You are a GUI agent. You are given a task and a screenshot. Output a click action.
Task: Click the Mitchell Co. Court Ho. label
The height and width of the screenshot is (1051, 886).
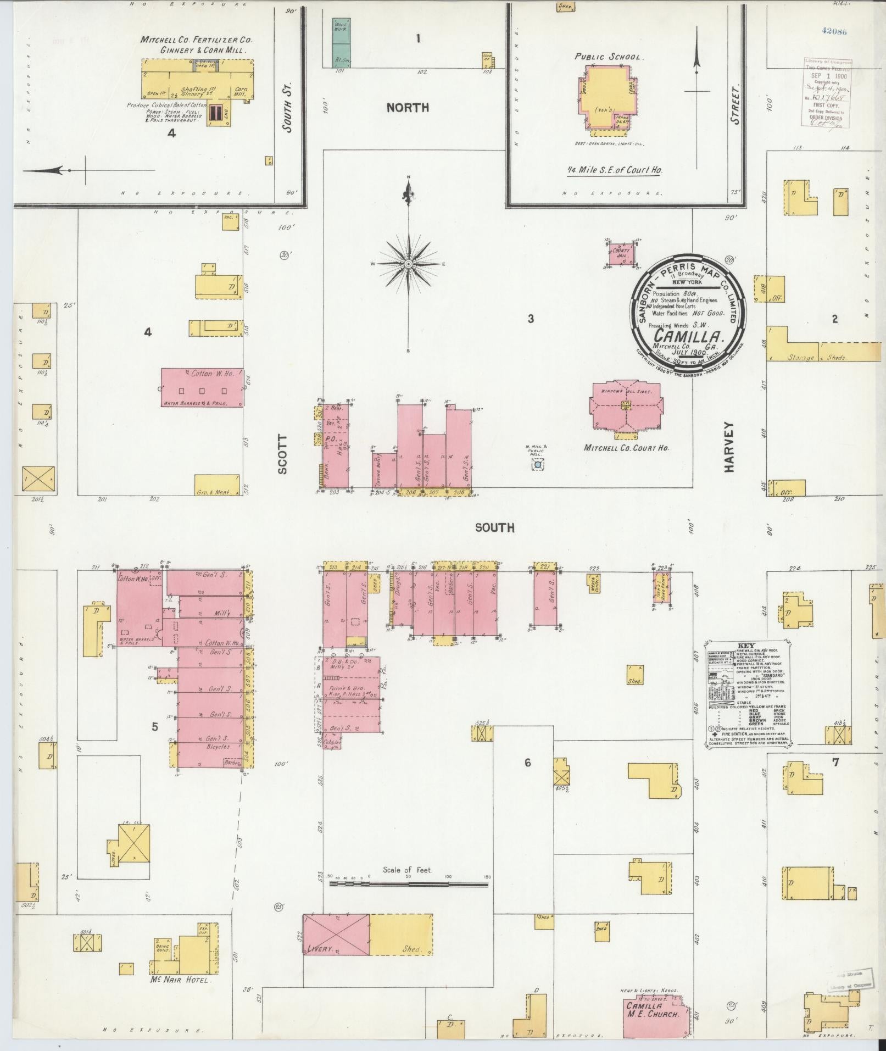[626, 448]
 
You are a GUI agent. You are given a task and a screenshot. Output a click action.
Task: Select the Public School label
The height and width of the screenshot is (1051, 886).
[609, 57]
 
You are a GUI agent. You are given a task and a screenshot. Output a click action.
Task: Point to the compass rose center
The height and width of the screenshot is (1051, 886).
[409, 264]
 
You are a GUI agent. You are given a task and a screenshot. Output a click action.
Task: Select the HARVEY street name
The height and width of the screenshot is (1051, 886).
[729, 446]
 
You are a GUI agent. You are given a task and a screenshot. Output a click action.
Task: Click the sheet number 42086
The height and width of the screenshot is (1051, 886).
[834, 31]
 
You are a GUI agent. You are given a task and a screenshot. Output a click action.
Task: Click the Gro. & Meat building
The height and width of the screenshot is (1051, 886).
[217, 485]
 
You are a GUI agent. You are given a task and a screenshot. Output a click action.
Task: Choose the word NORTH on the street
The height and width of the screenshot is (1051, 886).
[408, 108]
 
